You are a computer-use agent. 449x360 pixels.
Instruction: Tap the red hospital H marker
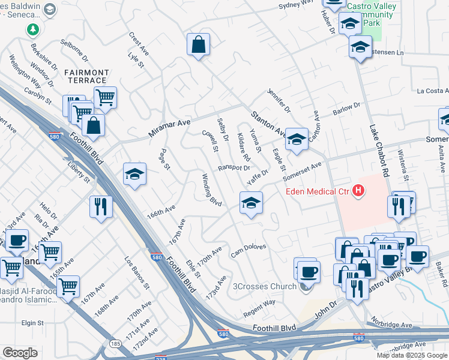click(x=358, y=191)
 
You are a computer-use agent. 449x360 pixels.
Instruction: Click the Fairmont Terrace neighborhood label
click(x=86, y=76)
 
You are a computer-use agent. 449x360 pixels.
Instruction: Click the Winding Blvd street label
click(x=212, y=190)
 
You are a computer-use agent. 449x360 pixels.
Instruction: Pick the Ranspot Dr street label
click(x=234, y=168)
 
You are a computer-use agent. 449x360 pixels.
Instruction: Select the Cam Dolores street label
click(x=249, y=251)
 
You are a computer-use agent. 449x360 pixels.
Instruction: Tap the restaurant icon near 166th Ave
click(x=101, y=206)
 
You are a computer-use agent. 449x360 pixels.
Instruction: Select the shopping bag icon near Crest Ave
click(x=197, y=44)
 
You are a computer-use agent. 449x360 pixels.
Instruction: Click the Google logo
click(x=20, y=353)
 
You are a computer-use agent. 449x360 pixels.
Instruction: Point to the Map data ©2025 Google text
click(x=412, y=355)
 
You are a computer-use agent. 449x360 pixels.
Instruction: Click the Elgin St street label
click(x=33, y=323)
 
